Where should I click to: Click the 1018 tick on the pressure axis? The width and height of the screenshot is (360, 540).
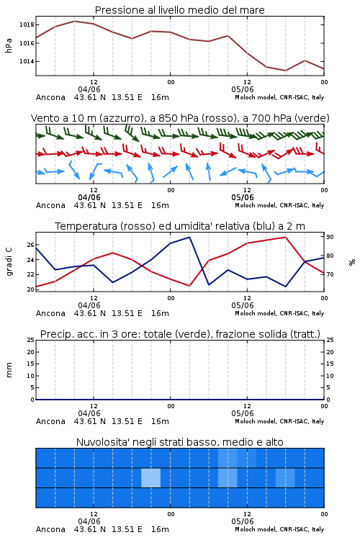click(27, 24)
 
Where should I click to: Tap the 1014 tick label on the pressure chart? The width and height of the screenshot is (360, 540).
click(27, 61)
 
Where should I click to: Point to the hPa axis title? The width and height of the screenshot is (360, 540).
click(9, 45)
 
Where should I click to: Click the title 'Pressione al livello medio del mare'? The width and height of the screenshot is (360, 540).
click(180, 10)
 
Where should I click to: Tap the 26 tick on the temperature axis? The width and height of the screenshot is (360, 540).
click(31, 245)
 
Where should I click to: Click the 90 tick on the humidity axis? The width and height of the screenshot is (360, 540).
click(330, 237)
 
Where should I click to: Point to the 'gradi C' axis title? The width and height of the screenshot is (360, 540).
click(9, 261)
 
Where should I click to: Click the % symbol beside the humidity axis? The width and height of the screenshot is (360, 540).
click(352, 262)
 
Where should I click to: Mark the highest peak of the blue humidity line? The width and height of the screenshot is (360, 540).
click(189, 237)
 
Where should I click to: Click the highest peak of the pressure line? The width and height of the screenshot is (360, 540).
click(74, 21)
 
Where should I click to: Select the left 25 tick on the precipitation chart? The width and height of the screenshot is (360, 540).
click(31, 340)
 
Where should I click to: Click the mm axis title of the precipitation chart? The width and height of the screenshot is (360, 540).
click(9, 369)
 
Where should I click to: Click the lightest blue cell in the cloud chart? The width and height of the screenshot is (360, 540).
click(151, 477)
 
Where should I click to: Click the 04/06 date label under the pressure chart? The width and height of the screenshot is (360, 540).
click(89, 89)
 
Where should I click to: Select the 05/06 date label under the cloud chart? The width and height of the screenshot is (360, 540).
click(243, 521)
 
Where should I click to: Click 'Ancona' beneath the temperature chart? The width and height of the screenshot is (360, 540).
click(50, 313)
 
